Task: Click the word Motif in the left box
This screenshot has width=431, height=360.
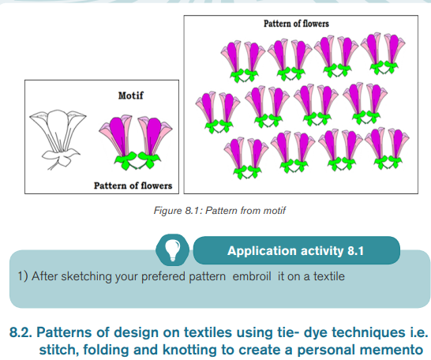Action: [130, 96]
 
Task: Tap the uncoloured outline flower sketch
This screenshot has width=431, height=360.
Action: [58, 139]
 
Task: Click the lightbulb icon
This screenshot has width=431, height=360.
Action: [172, 249]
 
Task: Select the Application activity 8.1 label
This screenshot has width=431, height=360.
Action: [295, 251]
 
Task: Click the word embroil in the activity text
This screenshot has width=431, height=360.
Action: [252, 276]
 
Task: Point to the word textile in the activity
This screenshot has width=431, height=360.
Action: [329, 276]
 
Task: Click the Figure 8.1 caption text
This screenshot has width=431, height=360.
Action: [219, 211]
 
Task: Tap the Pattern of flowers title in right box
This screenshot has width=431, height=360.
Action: [296, 24]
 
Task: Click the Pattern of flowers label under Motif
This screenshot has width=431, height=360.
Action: [133, 186]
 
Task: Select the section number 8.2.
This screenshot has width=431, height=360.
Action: [21, 332]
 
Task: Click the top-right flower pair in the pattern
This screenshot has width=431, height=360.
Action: [383, 54]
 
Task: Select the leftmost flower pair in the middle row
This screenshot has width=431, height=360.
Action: [218, 113]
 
